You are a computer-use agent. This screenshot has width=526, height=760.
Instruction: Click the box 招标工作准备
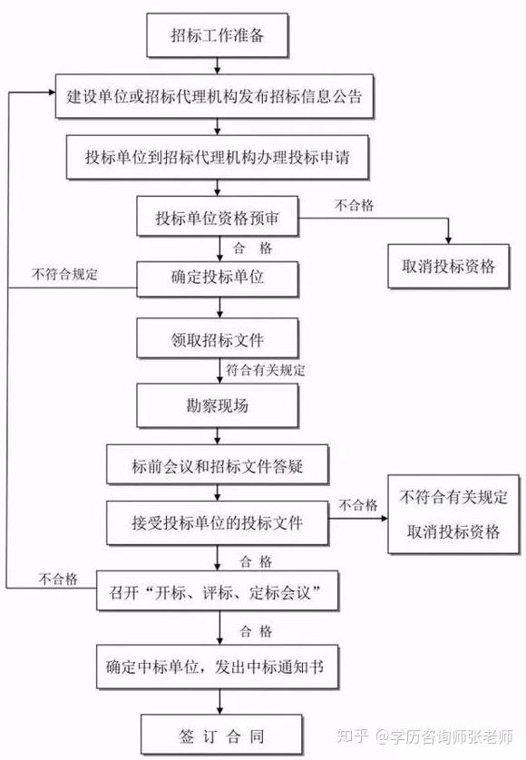[217, 35]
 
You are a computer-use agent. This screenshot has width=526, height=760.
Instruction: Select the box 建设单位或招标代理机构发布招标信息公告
[214, 96]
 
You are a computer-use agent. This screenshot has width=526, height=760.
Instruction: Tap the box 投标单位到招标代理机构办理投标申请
[217, 158]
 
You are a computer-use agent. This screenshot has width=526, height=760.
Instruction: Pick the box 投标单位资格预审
[217, 217]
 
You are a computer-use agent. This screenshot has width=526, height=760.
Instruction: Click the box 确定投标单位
[217, 278]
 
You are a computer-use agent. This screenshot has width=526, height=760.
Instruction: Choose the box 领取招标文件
[217, 338]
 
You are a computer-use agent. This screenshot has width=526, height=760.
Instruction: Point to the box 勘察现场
[217, 405]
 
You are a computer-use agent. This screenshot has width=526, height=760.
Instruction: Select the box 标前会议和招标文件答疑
[217, 465]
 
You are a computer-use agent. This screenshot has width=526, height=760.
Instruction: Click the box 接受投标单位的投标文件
[217, 522]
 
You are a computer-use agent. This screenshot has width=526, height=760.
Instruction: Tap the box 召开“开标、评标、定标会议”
[217, 590]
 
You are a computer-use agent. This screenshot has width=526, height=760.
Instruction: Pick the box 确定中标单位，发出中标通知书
[217, 667]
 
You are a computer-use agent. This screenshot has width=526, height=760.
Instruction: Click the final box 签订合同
[221, 735]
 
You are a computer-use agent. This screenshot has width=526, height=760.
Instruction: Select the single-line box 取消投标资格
[448, 266]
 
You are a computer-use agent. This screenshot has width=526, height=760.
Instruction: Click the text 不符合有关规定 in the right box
[453, 497]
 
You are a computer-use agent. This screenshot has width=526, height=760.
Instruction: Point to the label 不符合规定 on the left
[64, 274]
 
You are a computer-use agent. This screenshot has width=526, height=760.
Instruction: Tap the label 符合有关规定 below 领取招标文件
[266, 370]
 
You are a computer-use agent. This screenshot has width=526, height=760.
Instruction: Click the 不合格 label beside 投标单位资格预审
[355, 205]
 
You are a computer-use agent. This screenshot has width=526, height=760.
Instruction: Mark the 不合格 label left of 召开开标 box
[58, 579]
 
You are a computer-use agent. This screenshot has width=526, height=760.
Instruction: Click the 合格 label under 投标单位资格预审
[252, 248]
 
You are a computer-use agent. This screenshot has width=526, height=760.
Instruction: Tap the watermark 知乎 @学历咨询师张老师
[424, 736]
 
